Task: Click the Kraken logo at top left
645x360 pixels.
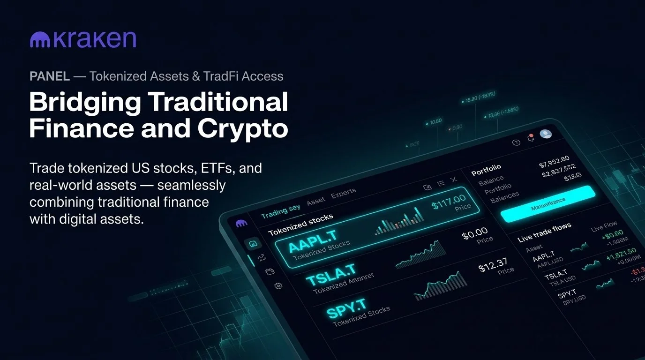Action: tap(82, 40)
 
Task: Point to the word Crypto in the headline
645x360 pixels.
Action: tap(243, 128)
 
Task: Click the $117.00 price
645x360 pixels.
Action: tap(449, 202)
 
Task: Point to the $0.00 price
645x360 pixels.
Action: tap(475, 233)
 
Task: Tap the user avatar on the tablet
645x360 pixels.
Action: tap(546, 134)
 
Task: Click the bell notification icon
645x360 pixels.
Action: tap(531, 138)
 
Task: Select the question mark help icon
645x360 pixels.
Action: tap(517, 142)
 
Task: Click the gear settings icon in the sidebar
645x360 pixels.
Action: tap(278, 285)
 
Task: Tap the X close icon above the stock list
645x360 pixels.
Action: tap(453, 180)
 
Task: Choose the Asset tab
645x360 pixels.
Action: tap(315, 201)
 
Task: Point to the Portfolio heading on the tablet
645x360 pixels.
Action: tap(486, 169)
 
